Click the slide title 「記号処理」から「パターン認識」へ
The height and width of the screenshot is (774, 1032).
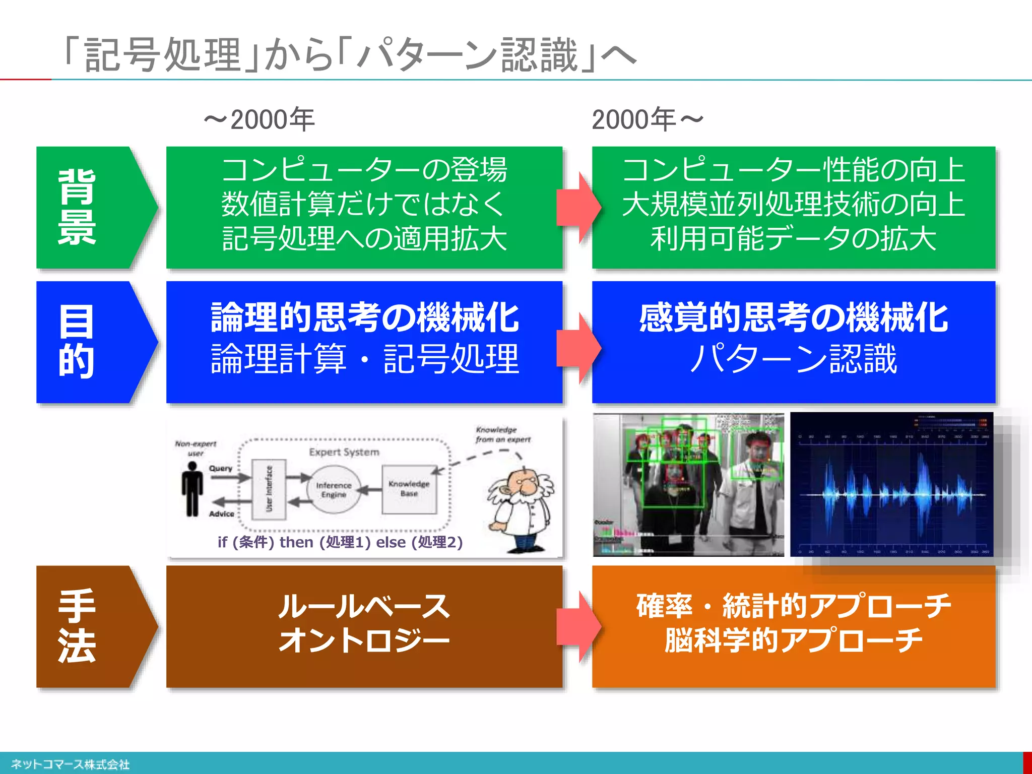(x=350, y=55)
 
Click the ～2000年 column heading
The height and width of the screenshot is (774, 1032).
(x=260, y=120)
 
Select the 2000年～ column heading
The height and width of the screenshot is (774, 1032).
(x=648, y=120)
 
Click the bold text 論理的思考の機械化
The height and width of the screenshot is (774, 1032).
(x=364, y=318)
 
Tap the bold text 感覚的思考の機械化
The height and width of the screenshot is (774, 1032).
(x=793, y=318)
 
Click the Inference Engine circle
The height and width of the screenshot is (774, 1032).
(x=334, y=489)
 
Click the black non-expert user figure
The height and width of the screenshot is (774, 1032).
(x=192, y=489)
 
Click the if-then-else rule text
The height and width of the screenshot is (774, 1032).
(x=340, y=542)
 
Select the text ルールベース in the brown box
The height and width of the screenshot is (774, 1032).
(x=364, y=606)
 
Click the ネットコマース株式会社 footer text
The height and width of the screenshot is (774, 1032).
(x=70, y=764)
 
